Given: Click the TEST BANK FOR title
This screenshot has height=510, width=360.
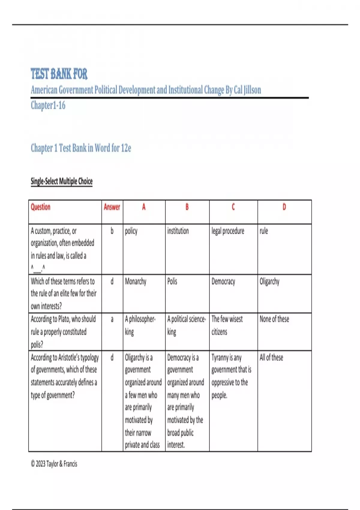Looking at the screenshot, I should tap(59, 74).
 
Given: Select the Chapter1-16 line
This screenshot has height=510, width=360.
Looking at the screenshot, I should tap(48, 106).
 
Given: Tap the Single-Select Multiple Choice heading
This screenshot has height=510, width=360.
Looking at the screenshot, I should tap(61, 181).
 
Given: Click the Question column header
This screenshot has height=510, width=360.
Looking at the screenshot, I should tap(40, 207).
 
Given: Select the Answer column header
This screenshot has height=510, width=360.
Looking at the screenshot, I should tap(112, 207).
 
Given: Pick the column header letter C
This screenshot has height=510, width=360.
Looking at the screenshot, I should tap(233, 207).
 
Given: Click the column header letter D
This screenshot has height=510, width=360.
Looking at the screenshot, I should tap(284, 207).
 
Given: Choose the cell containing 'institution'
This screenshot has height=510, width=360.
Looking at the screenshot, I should tap(178, 231).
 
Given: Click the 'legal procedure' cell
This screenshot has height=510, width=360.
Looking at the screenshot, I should tap(228, 231).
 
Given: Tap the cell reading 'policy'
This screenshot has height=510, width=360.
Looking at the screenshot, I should tap(131, 231).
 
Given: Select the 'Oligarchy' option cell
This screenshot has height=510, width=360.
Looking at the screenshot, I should tap(269, 281).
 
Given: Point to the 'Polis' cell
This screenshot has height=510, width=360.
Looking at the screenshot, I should tap(172, 281).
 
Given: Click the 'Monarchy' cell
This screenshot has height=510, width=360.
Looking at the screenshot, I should tap(136, 281).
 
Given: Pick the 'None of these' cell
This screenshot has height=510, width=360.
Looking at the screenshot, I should tap(274, 319).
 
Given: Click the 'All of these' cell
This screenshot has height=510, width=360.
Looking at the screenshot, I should tap(271, 357).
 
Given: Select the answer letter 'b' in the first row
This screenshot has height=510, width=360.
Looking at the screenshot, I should tap(112, 231).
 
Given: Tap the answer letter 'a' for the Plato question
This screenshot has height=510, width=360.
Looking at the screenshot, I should tap(112, 319).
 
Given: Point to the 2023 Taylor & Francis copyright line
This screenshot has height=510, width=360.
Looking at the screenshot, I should tap(54, 464).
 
